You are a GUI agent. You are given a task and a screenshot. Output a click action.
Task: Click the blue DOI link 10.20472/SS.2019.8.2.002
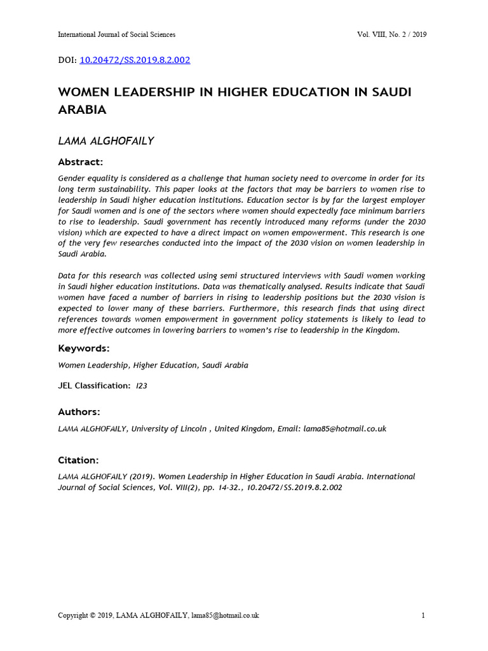(135, 60)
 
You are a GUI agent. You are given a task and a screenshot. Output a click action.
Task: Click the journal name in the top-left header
(116, 34)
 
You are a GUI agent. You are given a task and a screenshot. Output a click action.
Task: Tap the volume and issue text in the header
(391, 34)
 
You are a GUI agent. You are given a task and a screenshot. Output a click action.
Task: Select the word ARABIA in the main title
(82, 109)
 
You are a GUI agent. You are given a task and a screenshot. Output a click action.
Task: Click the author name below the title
(106, 141)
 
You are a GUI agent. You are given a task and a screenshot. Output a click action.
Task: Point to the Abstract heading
(80, 162)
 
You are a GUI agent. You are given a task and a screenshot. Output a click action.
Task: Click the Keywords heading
(84, 348)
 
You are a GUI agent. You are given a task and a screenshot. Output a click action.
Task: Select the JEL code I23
(142, 386)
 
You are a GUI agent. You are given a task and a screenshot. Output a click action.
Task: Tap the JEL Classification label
(94, 386)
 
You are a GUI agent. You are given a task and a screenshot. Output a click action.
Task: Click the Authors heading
(79, 412)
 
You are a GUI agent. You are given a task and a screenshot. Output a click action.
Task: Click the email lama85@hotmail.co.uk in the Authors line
(343, 429)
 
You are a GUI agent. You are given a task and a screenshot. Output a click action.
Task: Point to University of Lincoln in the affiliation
(170, 429)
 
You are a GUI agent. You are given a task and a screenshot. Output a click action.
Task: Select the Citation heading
(78, 460)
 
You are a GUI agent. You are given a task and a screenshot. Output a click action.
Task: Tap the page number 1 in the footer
(423, 615)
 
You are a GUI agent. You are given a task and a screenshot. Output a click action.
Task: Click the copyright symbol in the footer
(93, 615)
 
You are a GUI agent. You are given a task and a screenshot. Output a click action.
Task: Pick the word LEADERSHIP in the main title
(153, 92)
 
